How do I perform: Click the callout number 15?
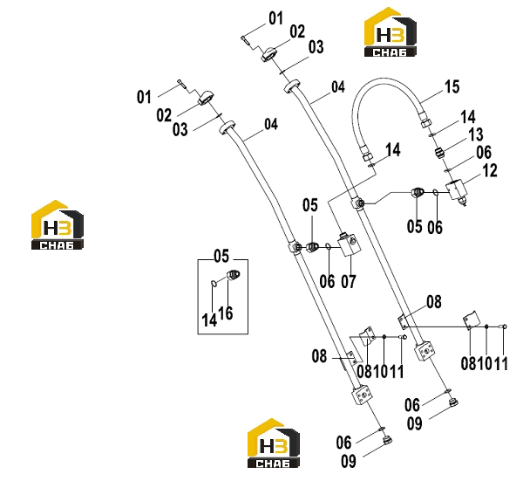(452, 86)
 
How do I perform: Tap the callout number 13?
(476, 134)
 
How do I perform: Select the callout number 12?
(490, 170)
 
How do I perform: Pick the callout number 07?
(349, 281)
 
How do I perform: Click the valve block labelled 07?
(350, 245)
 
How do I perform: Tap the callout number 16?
(226, 313)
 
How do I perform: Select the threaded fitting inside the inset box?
(234, 275)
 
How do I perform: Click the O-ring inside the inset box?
(214, 283)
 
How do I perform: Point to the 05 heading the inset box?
(221, 256)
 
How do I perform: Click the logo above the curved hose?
(390, 32)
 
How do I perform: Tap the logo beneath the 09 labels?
(274, 443)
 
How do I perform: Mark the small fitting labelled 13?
(440, 154)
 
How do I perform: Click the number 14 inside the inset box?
(209, 320)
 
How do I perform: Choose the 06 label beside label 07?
(327, 281)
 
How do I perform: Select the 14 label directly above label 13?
(467, 117)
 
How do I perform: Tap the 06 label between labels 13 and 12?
(484, 152)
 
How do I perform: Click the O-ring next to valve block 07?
(329, 247)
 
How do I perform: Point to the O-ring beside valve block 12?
(436, 192)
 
